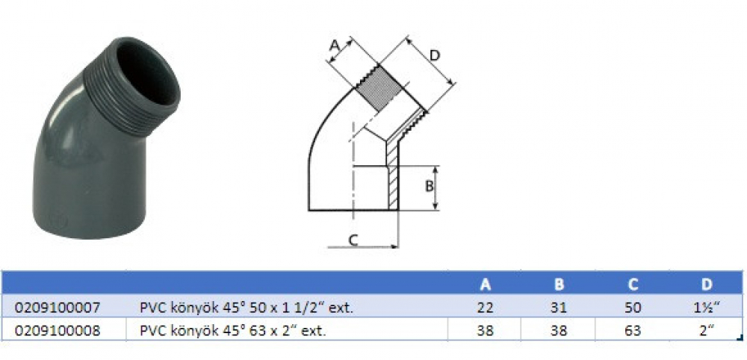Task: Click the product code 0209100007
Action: pyautogui.click(x=58, y=308)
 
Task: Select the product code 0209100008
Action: pyautogui.click(x=58, y=330)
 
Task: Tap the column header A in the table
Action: pyautogui.click(x=485, y=285)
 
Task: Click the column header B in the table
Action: pyautogui.click(x=560, y=285)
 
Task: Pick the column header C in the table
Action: pyautogui.click(x=633, y=285)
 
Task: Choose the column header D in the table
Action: pyautogui.click(x=707, y=285)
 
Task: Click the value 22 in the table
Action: pyautogui.click(x=485, y=308)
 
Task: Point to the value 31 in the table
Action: pyautogui.click(x=560, y=308)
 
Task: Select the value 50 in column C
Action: pyautogui.click(x=633, y=308)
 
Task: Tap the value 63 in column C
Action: pyautogui.click(x=633, y=330)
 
